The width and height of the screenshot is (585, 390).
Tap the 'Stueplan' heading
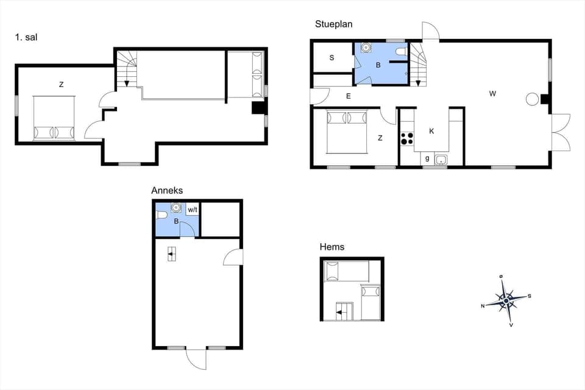(x=333, y=24)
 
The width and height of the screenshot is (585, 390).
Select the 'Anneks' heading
(x=167, y=191)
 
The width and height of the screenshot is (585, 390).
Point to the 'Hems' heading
(x=332, y=247)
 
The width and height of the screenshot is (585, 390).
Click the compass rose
(x=506, y=300)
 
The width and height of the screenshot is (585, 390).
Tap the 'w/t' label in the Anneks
(x=193, y=210)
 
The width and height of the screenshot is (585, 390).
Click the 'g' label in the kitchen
(x=427, y=158)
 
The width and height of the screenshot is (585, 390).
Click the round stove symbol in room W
(x=532, y=99)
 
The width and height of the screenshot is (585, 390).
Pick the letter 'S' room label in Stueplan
(x=332, y=58)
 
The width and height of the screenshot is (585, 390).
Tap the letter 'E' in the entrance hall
(x=349, y=96)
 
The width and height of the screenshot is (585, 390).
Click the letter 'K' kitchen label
(x=431, y=131)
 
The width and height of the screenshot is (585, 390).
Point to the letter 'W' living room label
(x=492, y=94)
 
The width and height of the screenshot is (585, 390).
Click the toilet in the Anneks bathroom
(x=161, y=214)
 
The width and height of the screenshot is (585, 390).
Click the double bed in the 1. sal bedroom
(x=54, y=118)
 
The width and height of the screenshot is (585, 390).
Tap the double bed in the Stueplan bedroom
(x=347, y=130)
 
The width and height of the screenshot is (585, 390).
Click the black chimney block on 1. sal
(x=258, y=108)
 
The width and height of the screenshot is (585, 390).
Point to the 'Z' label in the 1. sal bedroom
(x=61, y=85)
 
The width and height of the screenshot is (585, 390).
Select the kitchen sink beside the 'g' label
(x=441, y=160)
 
